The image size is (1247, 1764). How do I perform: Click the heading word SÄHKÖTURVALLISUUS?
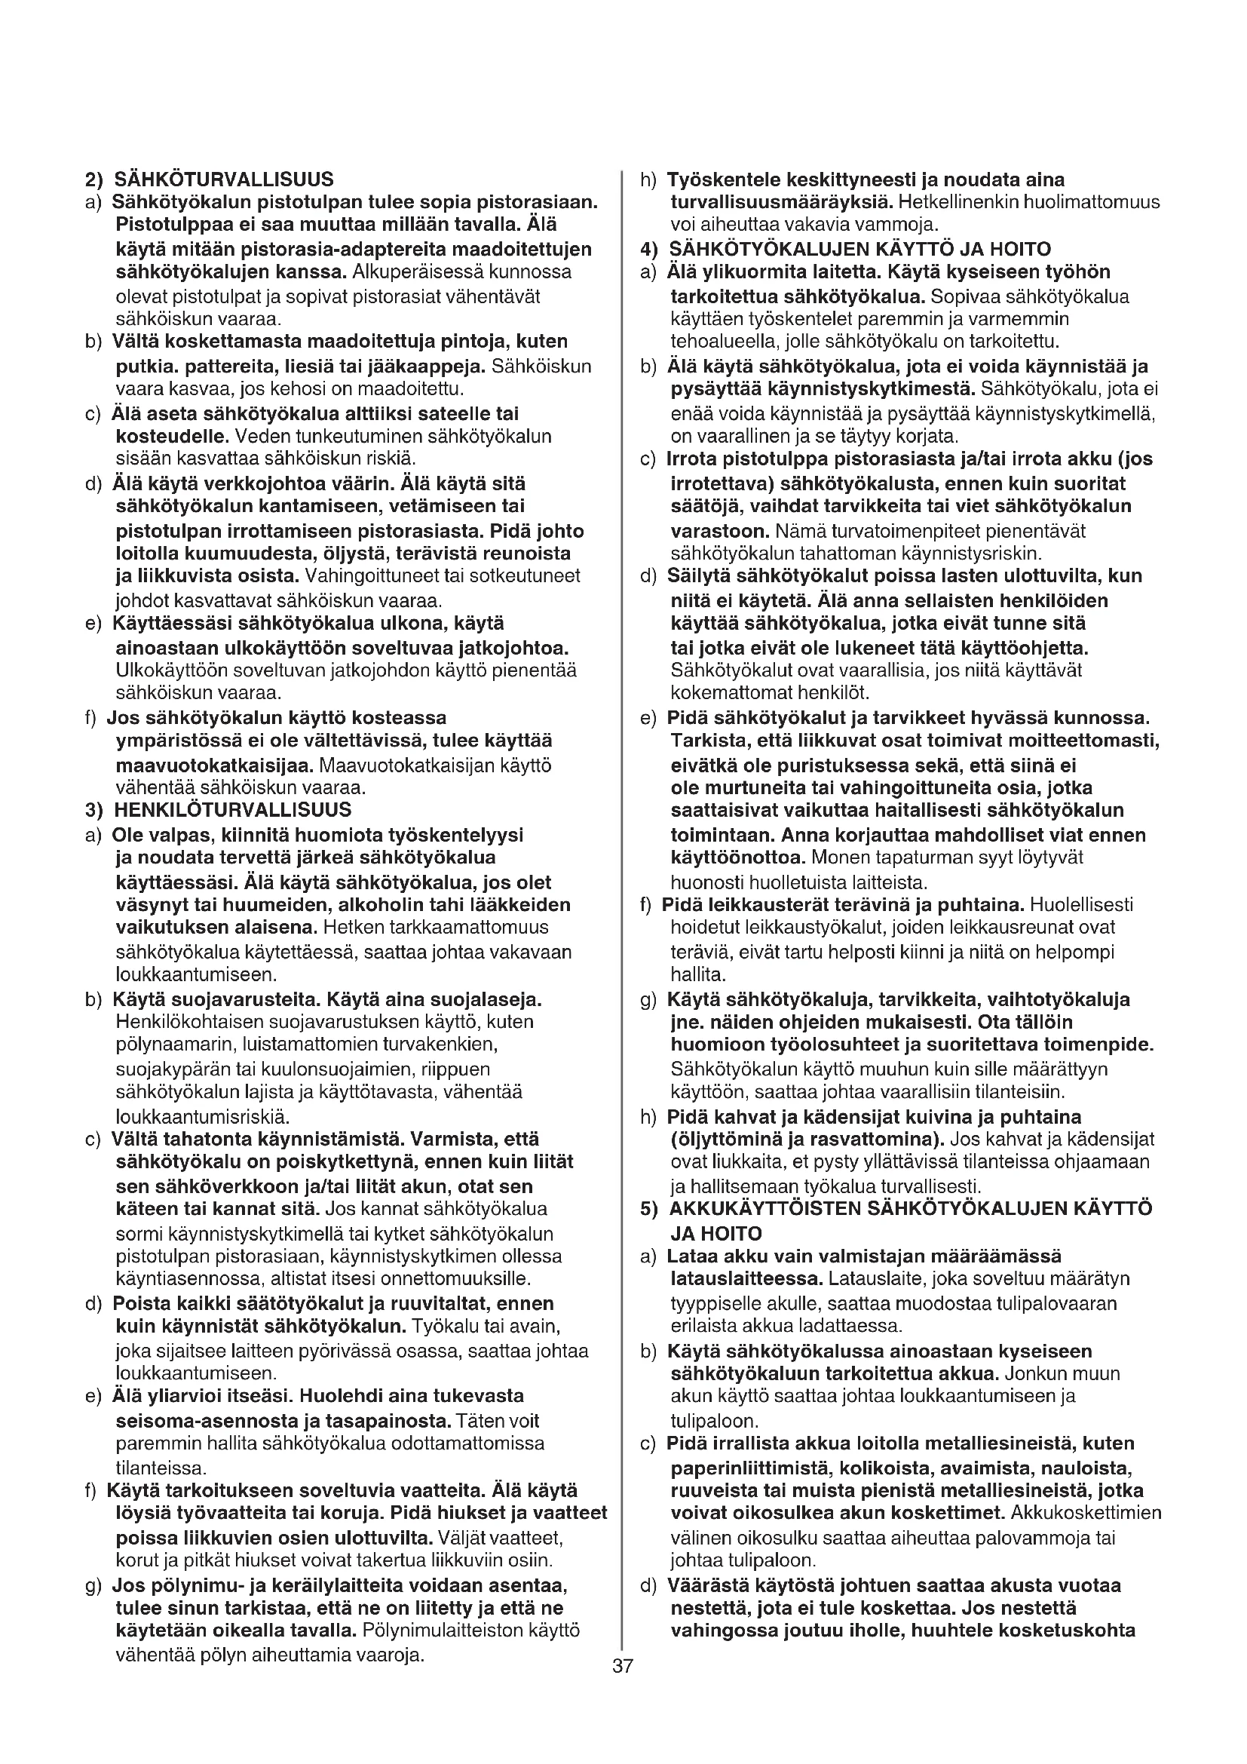(223, 179)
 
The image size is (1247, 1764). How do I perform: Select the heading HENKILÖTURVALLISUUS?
(233, 810)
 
